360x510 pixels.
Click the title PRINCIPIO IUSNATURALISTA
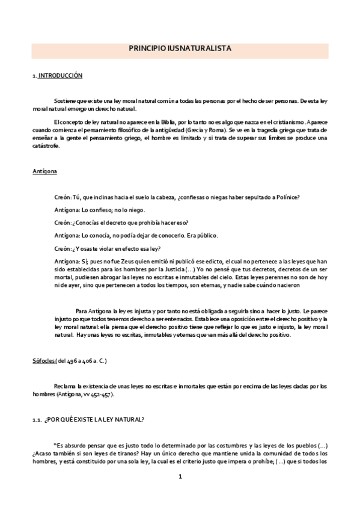tap(180, 49)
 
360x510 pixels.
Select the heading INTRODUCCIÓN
tap(61, 76)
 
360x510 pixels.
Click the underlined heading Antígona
tap(45, 172)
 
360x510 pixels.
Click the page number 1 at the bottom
tap(180, 476)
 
